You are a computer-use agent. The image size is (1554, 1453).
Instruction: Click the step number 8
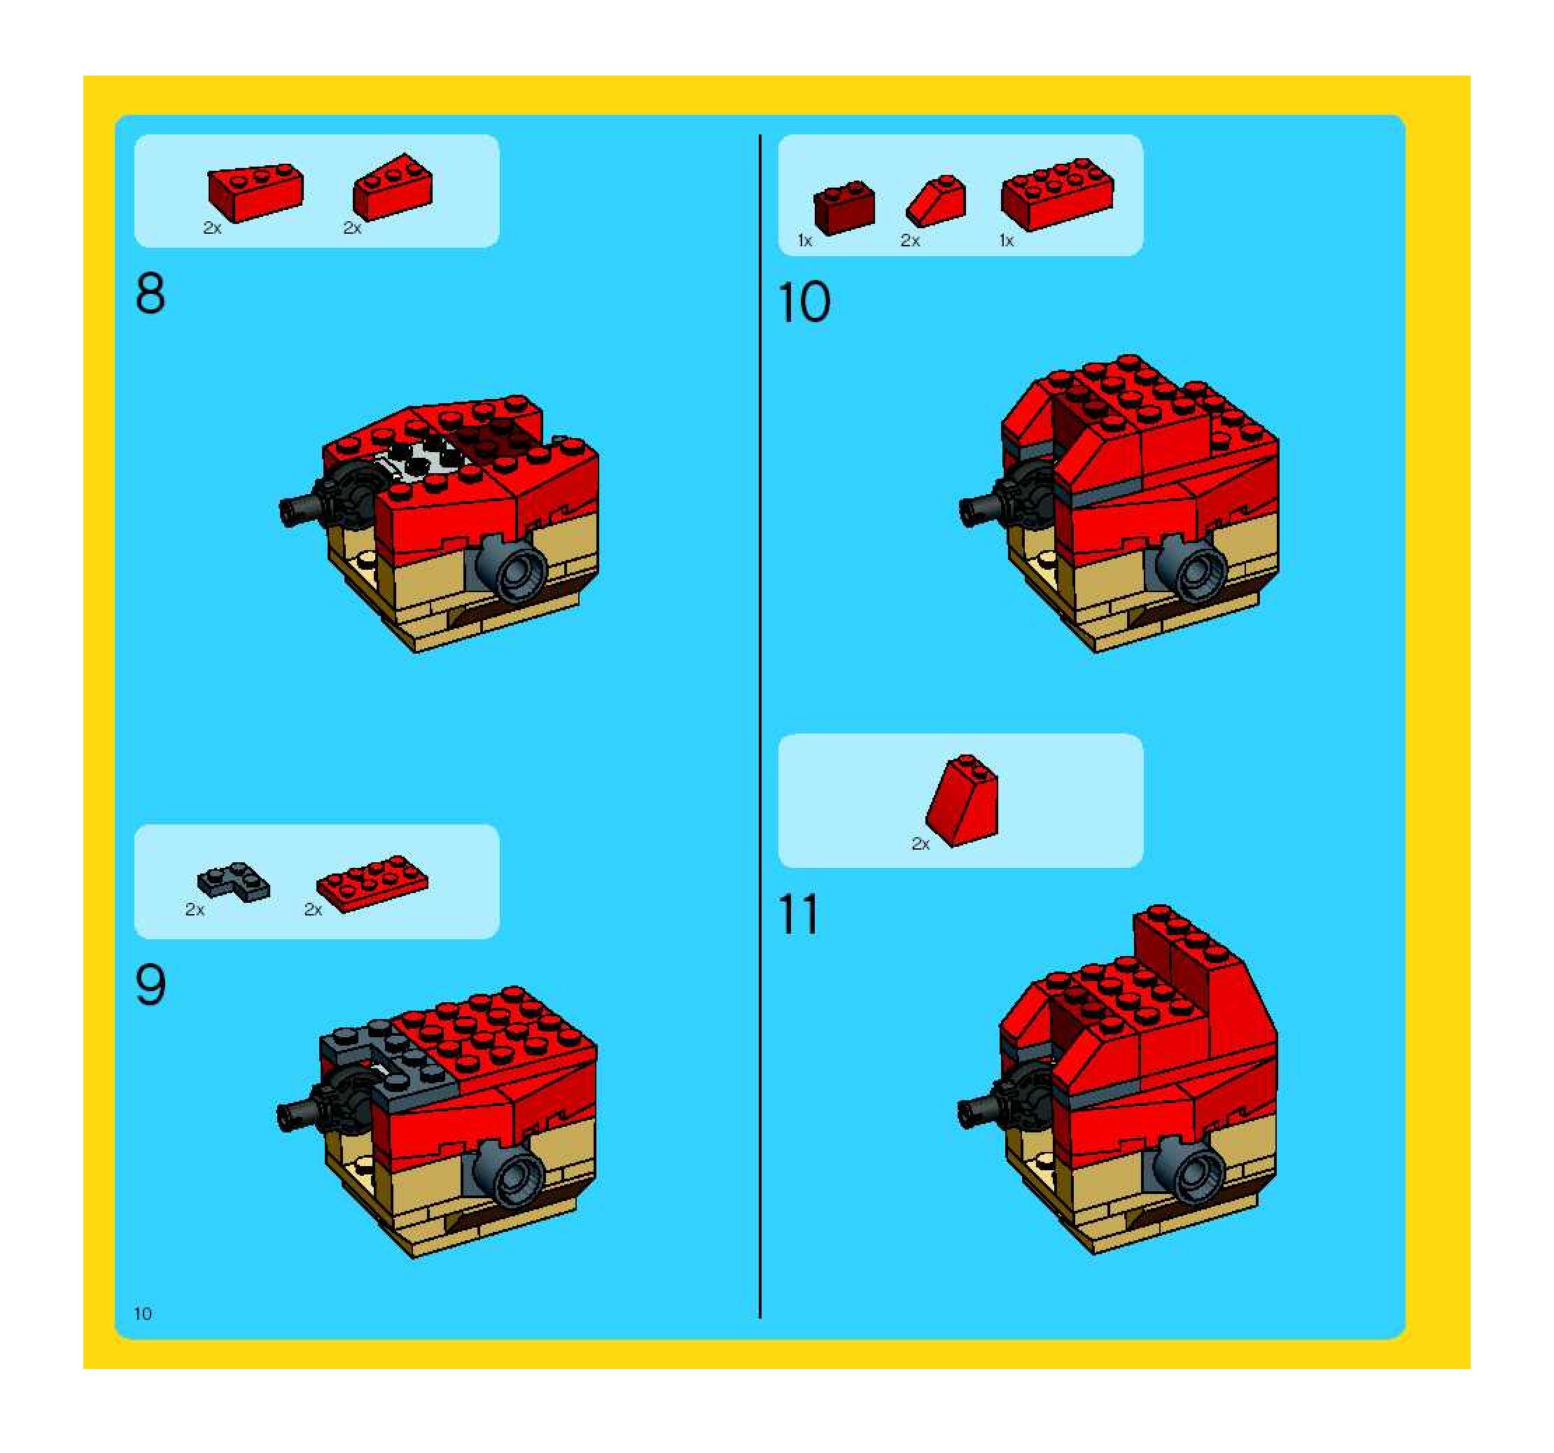tap(150, 294)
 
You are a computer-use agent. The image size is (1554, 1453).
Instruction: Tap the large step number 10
tap(804, 302)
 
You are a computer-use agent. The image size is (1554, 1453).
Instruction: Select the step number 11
tap(798, 915)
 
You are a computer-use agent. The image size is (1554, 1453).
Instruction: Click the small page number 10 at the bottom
tap(143, 1313)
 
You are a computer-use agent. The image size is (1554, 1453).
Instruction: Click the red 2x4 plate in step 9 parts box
tap(372, 883)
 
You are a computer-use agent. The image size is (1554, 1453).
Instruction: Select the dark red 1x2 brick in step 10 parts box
tap(844, 207)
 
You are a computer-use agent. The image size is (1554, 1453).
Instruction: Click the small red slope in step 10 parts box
tap(936, 201)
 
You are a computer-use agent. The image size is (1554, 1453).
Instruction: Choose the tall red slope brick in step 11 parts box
tap(962, 801)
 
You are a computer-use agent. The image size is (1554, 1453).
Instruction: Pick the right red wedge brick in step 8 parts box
tap(393, 188)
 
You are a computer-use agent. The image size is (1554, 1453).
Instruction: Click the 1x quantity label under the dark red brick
tap(805, 241)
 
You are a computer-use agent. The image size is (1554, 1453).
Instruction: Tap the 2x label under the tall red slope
tap(920, 844)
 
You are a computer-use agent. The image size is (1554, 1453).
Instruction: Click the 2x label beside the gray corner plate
tap(195, 910)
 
